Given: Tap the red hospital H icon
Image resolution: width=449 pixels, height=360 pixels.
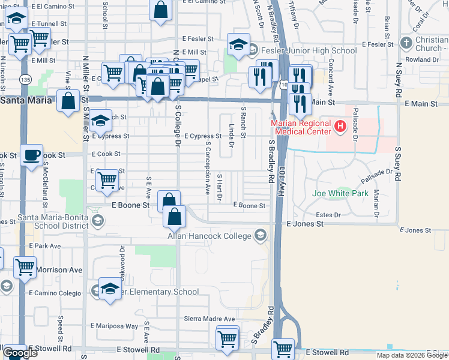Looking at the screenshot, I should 340,126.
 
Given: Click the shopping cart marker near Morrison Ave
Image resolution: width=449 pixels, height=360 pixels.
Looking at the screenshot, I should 25,267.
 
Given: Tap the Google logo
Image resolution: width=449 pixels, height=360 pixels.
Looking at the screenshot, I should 20,353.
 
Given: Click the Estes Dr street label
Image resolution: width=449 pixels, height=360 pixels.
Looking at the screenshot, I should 328,214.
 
